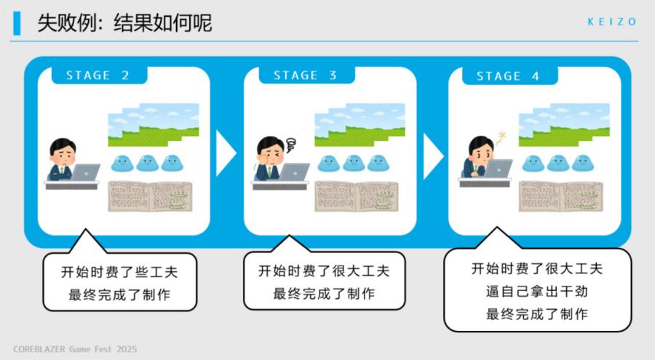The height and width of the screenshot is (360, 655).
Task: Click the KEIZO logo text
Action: [x=611, y=22]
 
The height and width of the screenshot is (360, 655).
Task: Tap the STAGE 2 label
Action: [x=98, y=75]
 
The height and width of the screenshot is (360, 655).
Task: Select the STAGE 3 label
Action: [x=305, y=75]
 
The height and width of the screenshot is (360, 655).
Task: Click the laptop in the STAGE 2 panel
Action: [x=86, y=172]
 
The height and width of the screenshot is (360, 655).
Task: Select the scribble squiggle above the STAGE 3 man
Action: [x=290, y=145]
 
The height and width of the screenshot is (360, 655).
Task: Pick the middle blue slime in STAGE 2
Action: [x=148, y=164]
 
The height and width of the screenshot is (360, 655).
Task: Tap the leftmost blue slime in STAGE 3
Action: [x=329, y=164]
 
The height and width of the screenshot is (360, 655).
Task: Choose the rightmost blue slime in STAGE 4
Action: [x=583, y=164]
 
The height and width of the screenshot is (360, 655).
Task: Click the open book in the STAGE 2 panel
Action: [x=150, y=196]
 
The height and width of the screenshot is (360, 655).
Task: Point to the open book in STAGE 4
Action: [x=560, y=196]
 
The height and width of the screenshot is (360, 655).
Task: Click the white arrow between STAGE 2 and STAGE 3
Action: [x=225, y=153]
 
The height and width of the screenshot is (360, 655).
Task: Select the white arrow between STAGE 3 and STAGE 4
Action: [x=432, y=156]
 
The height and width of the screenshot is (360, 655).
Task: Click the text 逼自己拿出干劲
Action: [x=537, y=291]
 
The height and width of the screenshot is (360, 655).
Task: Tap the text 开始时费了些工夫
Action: [x=119, y=272]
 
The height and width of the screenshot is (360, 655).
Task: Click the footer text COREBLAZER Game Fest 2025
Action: [x=75, y=349]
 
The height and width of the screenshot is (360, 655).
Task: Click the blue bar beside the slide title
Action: [x=17, y=23]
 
